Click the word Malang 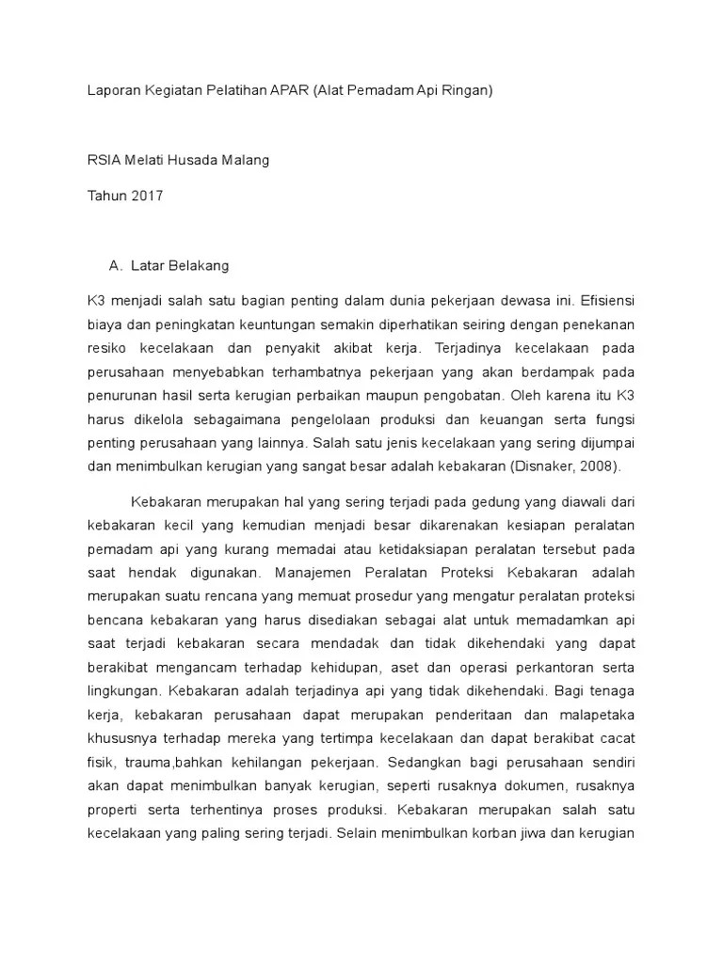[246, 160]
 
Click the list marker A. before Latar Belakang [117, 266]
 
